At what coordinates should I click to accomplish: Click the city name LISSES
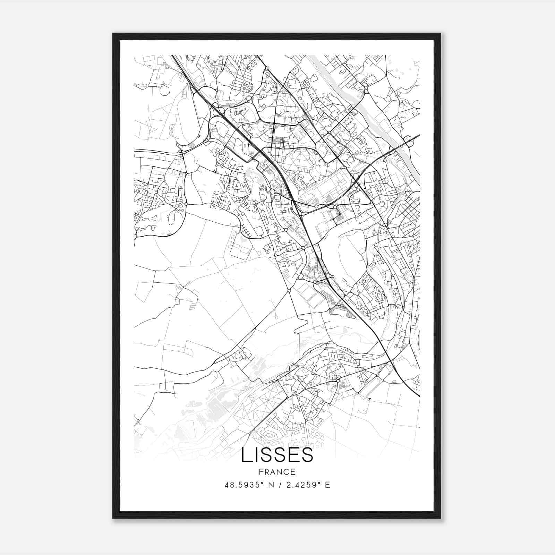click(x=277, y=455)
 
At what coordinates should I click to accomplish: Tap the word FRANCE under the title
click(x=277, y=472)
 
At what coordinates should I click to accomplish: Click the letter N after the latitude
click(x=270, y=485)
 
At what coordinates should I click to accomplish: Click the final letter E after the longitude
click(x=327, y=485)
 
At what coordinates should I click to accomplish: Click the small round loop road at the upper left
click(x=164, y=91)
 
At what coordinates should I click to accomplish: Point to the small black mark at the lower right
click(x=370, y=399)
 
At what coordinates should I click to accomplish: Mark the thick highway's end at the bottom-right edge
click(x=419, y=395)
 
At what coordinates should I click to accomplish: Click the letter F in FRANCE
click(x=261, y=472)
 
